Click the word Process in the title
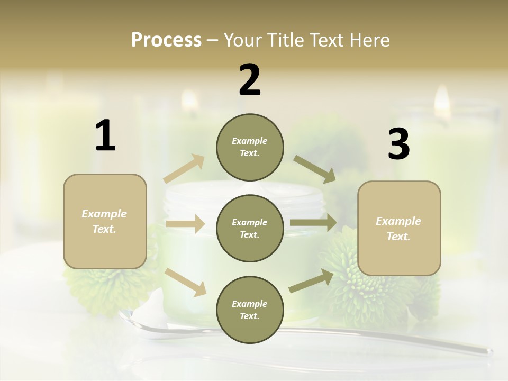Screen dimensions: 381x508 pyautogui.click(x=166, y=40)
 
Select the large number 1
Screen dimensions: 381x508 pyautogui.click(x=105, y=136)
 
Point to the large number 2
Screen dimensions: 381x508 pyautogui.click(x=250, y=80)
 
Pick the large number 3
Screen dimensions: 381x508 pyautogui.click(x=398, y=144)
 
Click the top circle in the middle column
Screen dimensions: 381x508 pyautogui.click(x=250, y=147)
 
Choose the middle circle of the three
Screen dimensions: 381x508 pyautogui.click(x=250, y=228)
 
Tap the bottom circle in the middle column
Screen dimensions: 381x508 pyautogui.click(x=250, y=310)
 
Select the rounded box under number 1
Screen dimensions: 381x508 pyautogui.click(x=105, y=221)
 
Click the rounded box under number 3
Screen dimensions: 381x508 pyautogui.click(x=399, y=228)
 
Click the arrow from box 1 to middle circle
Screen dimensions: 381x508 pyautogui.click(x=185, y=224)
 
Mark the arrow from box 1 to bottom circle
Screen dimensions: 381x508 pyautogui.click(x=186, y=282)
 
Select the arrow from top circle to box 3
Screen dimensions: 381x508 pyautogui.click(x=315, y=169)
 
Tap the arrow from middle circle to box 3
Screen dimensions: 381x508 pyautogui.click(x=313, y=223)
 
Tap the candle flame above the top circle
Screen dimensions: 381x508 pyautogui.click(x=189, y=101)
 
